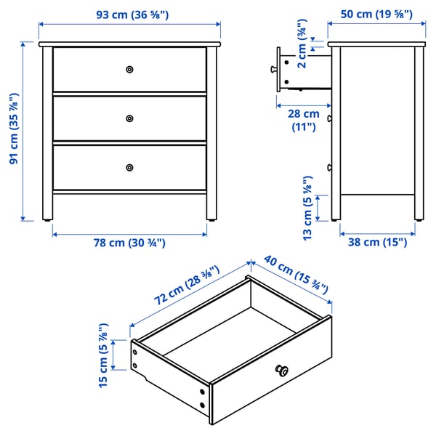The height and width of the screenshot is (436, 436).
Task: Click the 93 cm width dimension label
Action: pyautogui.click(x=129, y=14)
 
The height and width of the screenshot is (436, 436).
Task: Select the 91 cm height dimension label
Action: pyautogui.click(x=14, y=131)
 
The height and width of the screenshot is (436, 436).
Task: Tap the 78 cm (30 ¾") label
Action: pyautogui.click(x=129, y=243)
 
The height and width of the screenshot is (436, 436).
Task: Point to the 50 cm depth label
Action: pyautogui.click(x=376, y=14)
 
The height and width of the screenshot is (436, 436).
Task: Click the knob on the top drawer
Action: pyautogui.click(x=129, y=69)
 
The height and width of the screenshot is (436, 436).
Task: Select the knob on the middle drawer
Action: pyautogui.click(x=129, y=118)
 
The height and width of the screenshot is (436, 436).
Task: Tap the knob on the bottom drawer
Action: pyautogui.click(x=129, y=167)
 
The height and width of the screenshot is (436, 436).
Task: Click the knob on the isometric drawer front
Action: pyautogui.click(x=281, y=371)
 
